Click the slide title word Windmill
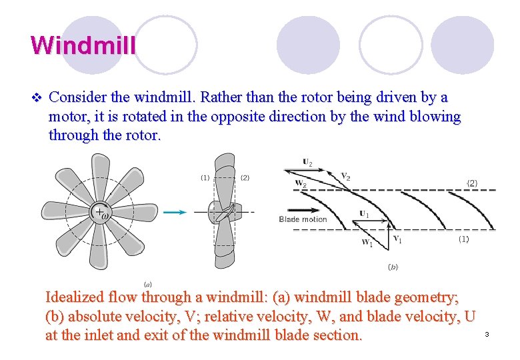pos(83,45)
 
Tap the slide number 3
pos(487,333)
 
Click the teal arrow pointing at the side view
pos(175,212)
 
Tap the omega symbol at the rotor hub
pos(105,214)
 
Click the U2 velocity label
pos(307,161)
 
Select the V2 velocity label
pos(345,176)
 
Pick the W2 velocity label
pos(300,183)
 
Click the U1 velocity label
pos(364,214)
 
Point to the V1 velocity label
pos(397,239)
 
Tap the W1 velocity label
pos(367,243)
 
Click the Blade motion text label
pos(303,219)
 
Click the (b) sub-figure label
pos(393,266)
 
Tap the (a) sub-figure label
pos(147,285)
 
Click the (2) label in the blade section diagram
pos(472,183)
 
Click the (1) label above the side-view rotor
pos(205,177)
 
